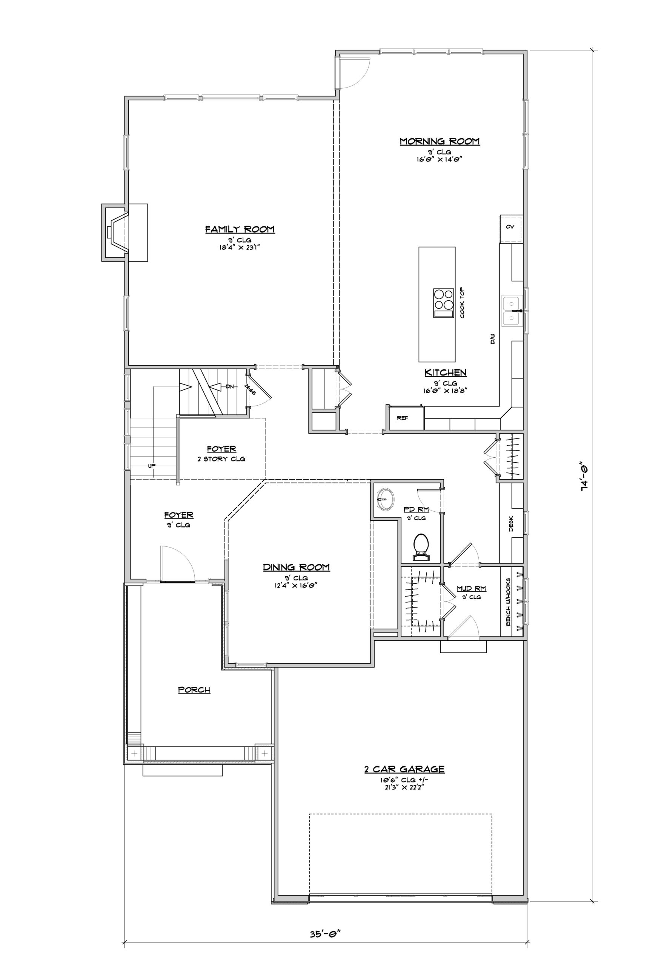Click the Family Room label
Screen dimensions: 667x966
[240, 229]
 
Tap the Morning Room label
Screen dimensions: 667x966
[440, 141]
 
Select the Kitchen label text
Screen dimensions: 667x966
[446, 372]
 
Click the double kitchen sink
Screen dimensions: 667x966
[512, 311]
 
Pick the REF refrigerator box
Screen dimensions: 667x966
[403, 417]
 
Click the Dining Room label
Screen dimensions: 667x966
[296, 567]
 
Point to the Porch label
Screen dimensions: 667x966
[194, 690]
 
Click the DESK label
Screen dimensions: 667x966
[511, 523]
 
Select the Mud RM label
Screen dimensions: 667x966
[472, 589]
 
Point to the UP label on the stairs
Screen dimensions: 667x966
[152, 466]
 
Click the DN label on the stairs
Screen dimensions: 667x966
[229, 387]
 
